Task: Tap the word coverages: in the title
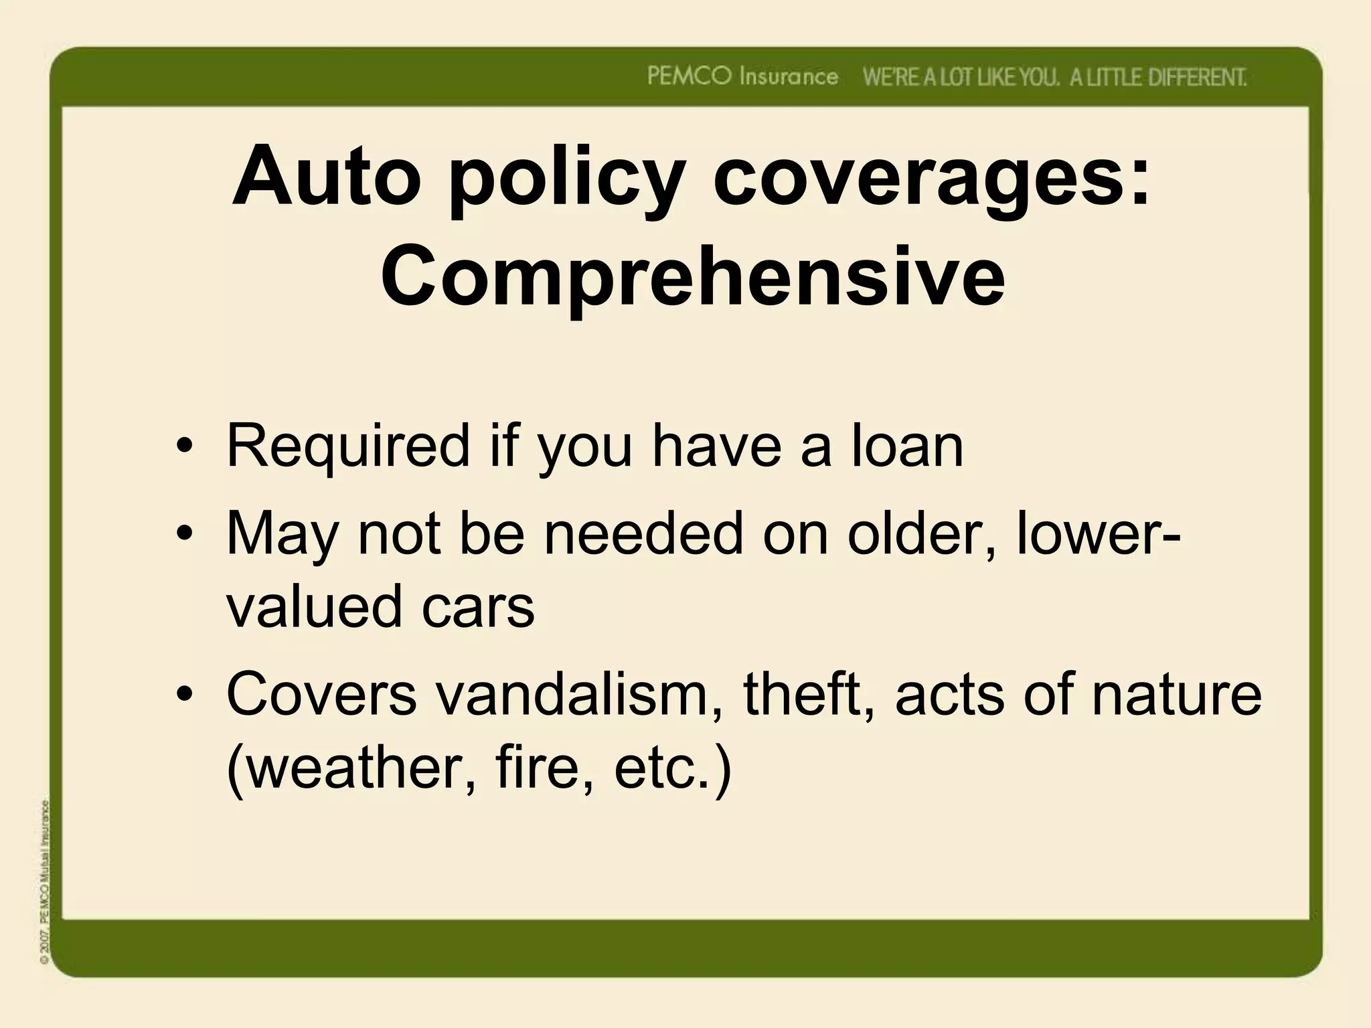(931, 179)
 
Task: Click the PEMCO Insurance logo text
(742, 77)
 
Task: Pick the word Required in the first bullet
(349, 447)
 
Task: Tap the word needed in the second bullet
(643, 534)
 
